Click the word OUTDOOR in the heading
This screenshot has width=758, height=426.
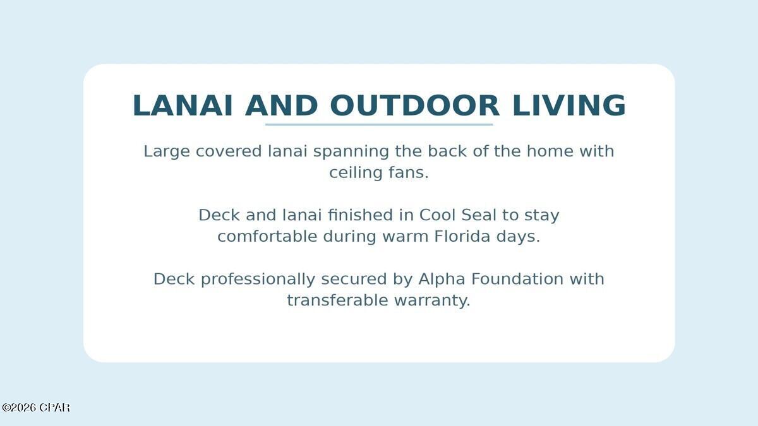point(414,105)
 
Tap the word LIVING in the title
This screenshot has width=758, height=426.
point(569,105)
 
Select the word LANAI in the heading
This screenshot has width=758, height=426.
point(183,105)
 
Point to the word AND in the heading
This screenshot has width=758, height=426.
point(281,105)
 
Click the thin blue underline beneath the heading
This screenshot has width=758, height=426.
point(379,124)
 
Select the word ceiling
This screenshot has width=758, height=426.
point(356,173)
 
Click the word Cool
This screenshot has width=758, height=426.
point(438,215)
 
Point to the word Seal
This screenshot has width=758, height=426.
point(479,215)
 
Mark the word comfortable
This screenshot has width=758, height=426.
point(267,236)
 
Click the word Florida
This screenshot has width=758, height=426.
point(462,236)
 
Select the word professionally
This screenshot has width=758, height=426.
point(258,280)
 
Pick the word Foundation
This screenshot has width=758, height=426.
point(517,279)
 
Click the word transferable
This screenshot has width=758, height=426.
point(337,300)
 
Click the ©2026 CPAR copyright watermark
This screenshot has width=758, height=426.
point(36,408)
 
